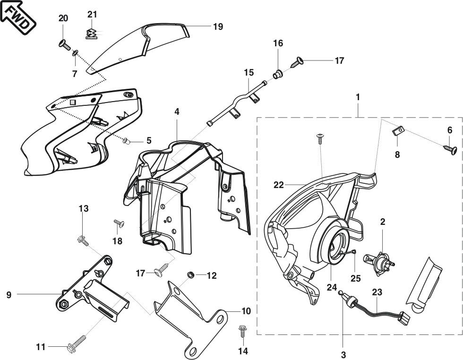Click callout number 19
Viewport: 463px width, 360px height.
pos(218,26)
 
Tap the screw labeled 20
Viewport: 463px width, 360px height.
pos(64,45)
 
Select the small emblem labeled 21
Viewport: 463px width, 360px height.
pos(92,33)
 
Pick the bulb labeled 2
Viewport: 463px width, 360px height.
pos(378,262)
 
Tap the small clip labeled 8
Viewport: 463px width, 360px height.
pos(398,130)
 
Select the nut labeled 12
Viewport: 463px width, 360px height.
pos(191,274)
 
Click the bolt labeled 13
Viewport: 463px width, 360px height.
pos(83,240)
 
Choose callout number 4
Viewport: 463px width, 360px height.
pos(177,112)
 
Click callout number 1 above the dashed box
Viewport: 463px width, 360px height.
pos(358,97)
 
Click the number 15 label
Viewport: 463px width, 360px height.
pos(249,73)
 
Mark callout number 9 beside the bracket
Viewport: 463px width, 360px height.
pos(9,294)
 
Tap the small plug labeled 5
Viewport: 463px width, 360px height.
pos(127,140)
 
